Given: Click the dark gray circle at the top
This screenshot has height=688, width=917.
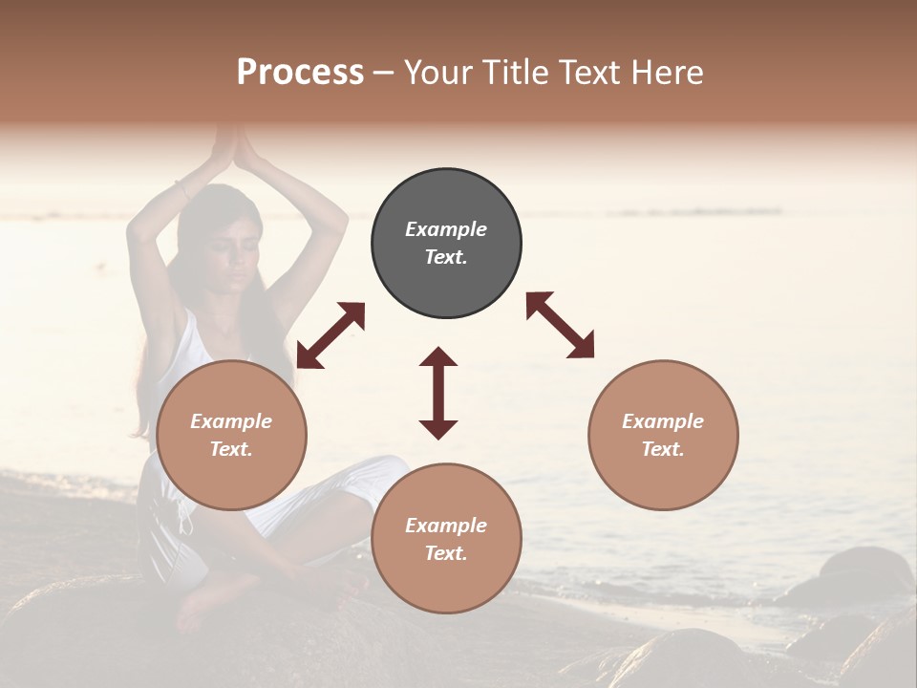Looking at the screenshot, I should click(x=446, y=244).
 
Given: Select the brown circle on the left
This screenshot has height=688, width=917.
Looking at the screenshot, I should click(x=231, y=436).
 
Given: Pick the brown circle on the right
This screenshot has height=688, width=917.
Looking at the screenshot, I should click(x=663, y=436).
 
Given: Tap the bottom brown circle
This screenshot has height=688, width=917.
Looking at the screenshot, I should click(x=446, y=540).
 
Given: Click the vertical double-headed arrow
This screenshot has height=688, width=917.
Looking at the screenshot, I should click(x=438, y=393).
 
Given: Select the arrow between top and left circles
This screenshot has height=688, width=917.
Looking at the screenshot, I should click(x=331, y=335).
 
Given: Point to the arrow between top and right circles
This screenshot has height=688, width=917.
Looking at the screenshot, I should click(x=560, y=325).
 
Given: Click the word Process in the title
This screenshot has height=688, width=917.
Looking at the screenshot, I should click(x=300, y=73).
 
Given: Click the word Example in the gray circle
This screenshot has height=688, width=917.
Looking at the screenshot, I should click(x=446, y=229).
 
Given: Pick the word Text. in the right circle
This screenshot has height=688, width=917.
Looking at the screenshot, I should click(x=663, y=449).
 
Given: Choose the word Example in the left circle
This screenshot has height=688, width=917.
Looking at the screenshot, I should click(x=231, y=421).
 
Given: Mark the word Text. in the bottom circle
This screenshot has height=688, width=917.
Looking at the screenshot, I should click(x=446, y=553).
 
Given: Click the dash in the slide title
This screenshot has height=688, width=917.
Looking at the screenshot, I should click(x=384, y=73).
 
